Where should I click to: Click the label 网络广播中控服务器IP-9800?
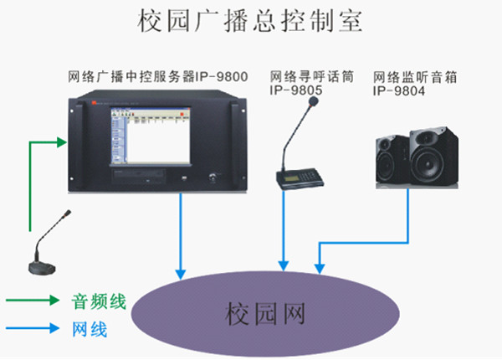tap(158, 77)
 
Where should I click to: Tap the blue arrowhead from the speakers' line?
tap(319, 266)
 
